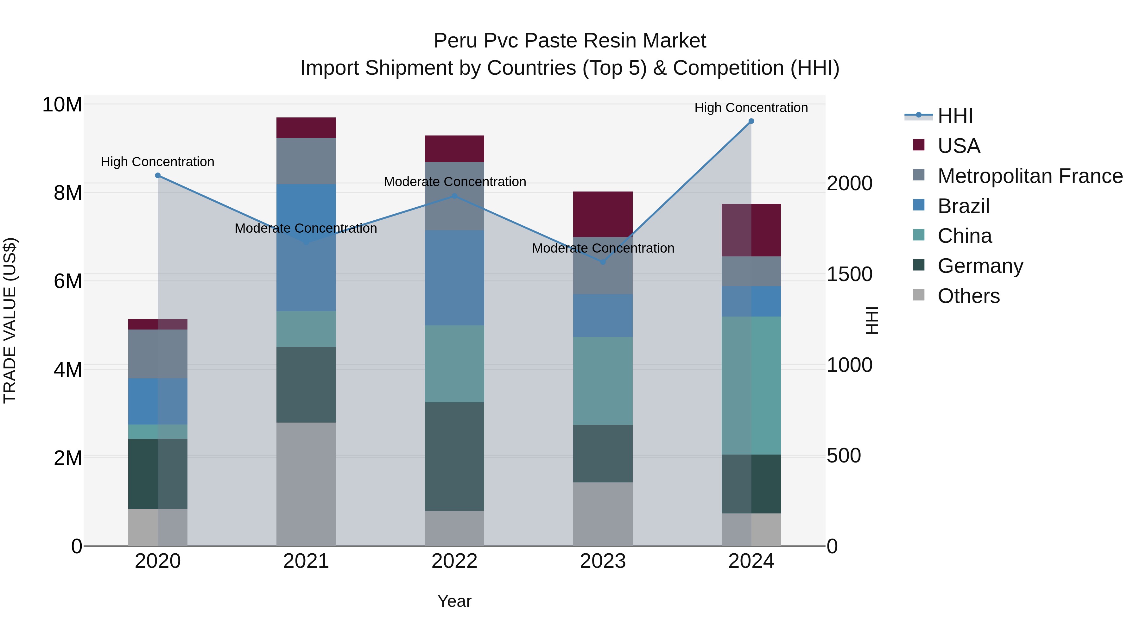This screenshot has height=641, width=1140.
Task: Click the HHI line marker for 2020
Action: point(158,176)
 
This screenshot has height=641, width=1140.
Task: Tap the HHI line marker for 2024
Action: point(751,121)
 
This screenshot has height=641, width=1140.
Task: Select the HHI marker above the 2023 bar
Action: point(602,262)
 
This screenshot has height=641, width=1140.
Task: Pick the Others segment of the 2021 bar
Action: point(306,484)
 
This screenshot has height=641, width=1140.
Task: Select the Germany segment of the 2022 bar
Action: point(454,456)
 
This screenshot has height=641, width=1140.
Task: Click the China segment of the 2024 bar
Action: point(751,385)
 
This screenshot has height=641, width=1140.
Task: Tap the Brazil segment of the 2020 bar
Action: point(158,401)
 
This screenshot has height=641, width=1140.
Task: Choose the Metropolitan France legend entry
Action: point(1030,176)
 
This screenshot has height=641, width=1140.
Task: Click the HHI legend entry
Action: point(955,116)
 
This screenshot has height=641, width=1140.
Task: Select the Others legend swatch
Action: point(919,295)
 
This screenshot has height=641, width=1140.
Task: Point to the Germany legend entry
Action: point(980,266)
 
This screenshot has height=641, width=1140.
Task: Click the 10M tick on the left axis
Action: point(62,105)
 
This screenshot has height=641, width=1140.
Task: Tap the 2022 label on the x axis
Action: point(454,561)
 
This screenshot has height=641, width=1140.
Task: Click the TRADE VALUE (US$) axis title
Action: point(10,320)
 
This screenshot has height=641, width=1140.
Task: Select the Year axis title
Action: point(454,601)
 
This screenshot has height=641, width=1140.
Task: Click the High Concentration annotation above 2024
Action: point(751,108)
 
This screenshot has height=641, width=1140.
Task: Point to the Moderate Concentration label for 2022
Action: point(454,182)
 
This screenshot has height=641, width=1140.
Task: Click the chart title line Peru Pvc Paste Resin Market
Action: point(570,41)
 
